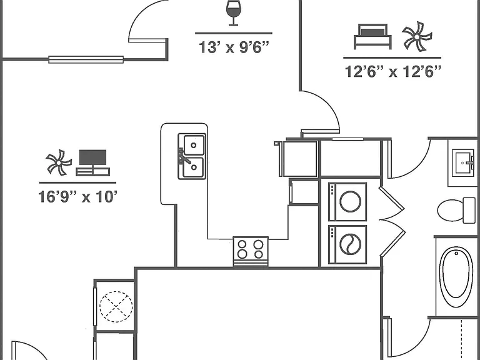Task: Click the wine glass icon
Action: coord(234,13)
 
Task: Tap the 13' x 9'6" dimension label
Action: coord(234,47)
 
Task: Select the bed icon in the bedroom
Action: coord(372,36)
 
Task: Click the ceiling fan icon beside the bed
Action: coord(417,36)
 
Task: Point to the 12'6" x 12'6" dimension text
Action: coord(392,72)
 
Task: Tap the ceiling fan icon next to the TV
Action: coord(59,162)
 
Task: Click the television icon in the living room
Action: coord(92,162)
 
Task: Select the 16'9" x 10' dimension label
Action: coord(77,197)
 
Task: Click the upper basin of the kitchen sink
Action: coord(194,145)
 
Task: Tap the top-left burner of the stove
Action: coord(242,244)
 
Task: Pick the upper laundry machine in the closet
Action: coord(347,202)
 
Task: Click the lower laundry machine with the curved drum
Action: coord(347,244)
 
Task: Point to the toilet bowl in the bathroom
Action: coord(450,210)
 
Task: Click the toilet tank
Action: coord(469,210)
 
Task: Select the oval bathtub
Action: coord(456,277)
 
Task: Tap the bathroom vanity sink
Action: coord(463,162)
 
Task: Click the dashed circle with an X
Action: coord(116,306)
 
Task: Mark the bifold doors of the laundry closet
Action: coord(392,221)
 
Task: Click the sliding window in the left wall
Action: coord(86,59)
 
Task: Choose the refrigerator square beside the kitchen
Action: coord(300,159)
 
